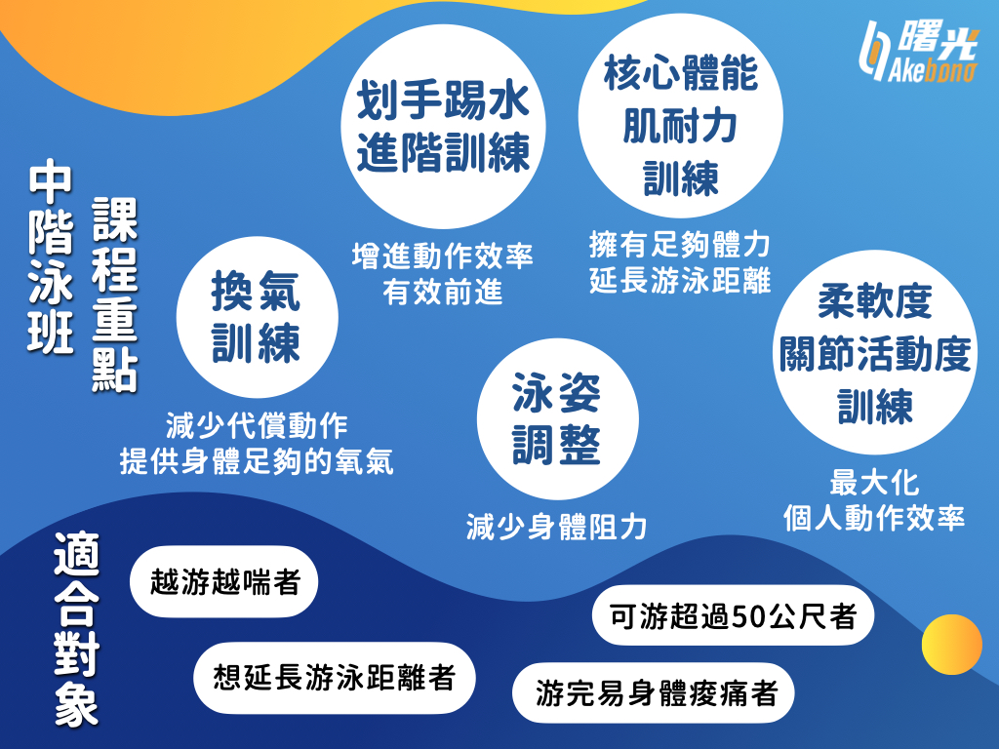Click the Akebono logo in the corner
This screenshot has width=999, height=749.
pyautogui.click(x=919, y=53)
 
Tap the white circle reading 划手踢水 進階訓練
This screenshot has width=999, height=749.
pyautogui.click(x=444, y=126)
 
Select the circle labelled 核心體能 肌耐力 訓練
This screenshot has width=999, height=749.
pyautogui.click(x=680, y=115)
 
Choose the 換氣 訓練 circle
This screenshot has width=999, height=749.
pyautogui.click(x=257, y=317)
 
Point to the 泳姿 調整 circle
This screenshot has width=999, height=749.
pyautogui.click(x=557, y=418)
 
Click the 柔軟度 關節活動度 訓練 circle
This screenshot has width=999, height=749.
pyautogui.click(x=875, y=352)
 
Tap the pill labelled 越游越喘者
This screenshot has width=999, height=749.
pyautogui.click(x=224, y=581)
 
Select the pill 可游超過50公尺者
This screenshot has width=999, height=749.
pyautogui.click(x=733, y=615)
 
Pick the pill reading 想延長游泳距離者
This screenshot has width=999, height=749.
pyautogui.click(x=335, y=678)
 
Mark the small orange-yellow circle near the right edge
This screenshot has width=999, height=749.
pyautogui.click(x=952, y=645)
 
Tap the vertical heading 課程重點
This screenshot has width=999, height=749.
pyautogui.click(x=115, y=295)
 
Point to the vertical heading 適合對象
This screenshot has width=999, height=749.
pyautogui.click(x=76, y=629)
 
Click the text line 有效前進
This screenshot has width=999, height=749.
pyautogui.click(x=443, y=293)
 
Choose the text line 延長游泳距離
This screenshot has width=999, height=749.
pyautogui.click(x=680, y=280)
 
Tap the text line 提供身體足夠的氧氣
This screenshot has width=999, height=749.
pyautogui.click(x=257, y=461)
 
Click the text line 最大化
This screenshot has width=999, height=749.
pyautogui.click(x=874, y=483)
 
